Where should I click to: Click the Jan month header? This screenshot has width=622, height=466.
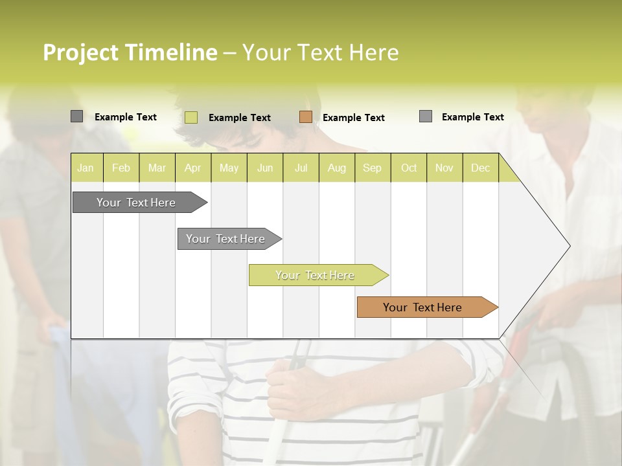click(x=86, y=168)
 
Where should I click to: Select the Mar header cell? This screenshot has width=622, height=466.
click(x=157, y=168)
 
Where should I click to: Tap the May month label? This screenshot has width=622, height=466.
click(x=229, y=168)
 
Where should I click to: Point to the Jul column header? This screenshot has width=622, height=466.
click(x=301, y=168)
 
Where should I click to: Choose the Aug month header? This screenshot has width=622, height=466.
click(x=336, y=168)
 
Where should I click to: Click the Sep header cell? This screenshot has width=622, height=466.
click(x=372, y=168)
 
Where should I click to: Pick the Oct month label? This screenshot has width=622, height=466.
click(x=408, y=168)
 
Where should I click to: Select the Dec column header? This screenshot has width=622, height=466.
click(x=480, y=168)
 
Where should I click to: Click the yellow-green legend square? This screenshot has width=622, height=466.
click(x=191, y=117)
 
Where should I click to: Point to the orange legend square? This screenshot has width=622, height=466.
click(x=306, y=117)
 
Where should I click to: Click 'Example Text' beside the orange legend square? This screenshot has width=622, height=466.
click(x=354, y=118)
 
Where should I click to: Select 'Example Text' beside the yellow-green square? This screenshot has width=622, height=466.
click(x=240, y=118)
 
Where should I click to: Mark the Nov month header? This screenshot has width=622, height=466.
click(x=444, y=168)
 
